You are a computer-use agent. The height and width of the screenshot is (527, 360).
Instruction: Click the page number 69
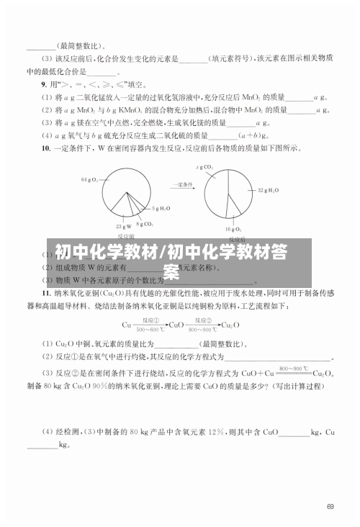point(330,507)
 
